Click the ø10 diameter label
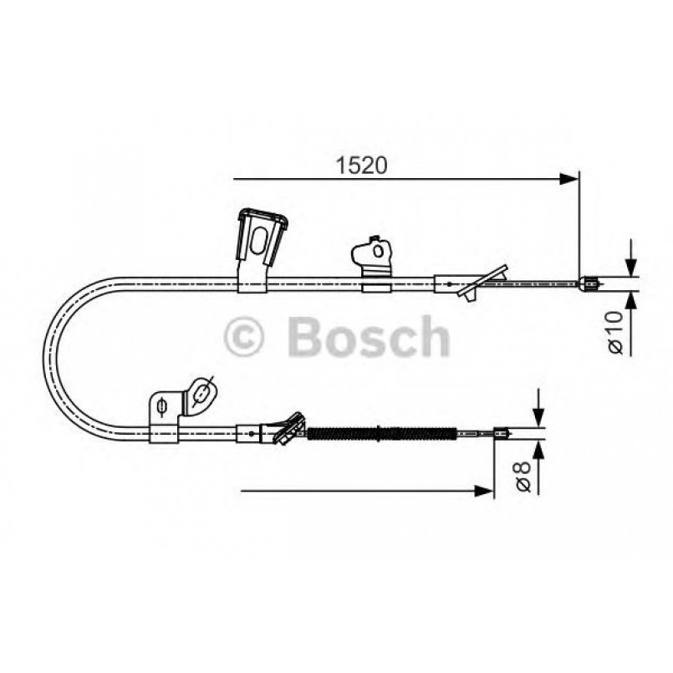point(614,332)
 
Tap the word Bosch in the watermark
point(368,337)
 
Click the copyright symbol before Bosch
point(245,338)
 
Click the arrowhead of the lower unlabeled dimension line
point(483,491)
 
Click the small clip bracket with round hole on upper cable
point(375,264)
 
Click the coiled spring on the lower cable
point(381,433)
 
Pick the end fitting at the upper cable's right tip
point(589,283)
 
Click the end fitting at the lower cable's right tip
point(502,433)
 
